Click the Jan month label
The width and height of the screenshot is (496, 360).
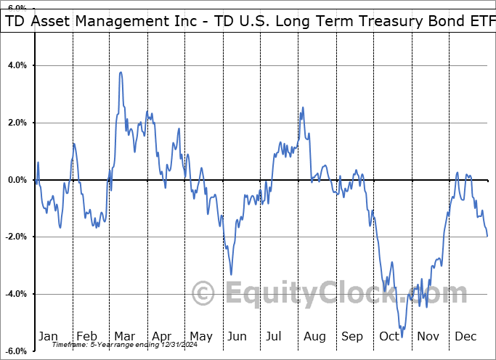pos(48,337)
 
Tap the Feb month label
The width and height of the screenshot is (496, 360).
pos(86,337)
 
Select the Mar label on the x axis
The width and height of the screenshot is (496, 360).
pos(124,337)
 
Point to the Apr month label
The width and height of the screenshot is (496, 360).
pos(162,337)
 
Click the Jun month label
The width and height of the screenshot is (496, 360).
pos(237,337)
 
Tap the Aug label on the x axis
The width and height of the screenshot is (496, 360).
pos(314,337)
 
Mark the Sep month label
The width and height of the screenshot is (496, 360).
pos(352,337)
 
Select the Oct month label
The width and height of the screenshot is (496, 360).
pos(390,337)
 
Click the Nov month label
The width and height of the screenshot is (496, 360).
pos(428,337)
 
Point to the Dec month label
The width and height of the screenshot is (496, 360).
pos(465,337)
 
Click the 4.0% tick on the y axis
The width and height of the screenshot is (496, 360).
pos(17,65)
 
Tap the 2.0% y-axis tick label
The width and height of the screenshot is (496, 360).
pos(17,123)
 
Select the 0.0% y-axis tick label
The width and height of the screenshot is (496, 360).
pos(17,180)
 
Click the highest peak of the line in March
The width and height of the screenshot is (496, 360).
pos(121,72)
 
